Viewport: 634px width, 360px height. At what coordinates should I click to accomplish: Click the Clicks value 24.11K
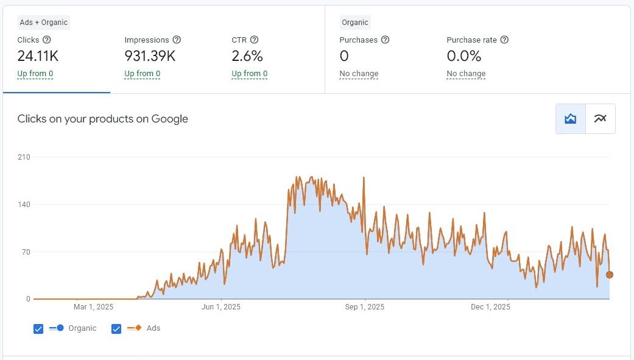(x=38, y=57)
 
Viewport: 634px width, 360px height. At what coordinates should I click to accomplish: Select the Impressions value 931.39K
(x=150, y=57)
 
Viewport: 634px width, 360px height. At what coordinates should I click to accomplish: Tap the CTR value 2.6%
(x=247, y=57)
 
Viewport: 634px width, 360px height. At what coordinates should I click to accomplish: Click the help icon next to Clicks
(x=47, y=40)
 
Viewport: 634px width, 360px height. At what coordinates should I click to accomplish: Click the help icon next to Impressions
(x=177, y=40)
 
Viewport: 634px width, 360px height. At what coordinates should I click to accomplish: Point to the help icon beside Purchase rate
(x=504, y=40)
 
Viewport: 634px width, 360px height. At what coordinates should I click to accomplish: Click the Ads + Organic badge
(x=44, y=23)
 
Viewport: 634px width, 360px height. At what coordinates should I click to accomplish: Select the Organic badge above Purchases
(x=355, y=23)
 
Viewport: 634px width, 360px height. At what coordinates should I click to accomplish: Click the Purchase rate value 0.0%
(x=463, y=57)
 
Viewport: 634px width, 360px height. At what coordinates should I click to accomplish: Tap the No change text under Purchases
(x=359, y=74)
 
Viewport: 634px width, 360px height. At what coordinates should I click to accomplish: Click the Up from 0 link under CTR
(x=249, y=74)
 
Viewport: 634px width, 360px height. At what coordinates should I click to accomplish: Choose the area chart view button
(x=571, y=119)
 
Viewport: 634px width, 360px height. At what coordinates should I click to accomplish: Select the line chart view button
(x=601, y=119)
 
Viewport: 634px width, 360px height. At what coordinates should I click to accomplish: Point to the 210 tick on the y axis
(x=24, y=157)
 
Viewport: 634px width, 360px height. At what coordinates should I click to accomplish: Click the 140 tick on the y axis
(x=24, y=205)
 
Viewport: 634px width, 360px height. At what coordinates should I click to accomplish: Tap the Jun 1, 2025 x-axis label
(x=221, y=307)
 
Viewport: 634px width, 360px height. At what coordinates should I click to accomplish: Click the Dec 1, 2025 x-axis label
(x=490, y=307)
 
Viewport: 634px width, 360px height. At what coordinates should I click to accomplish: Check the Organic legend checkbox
(x=38, y=329)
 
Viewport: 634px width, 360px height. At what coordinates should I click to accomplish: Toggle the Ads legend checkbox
(x=116, y=329)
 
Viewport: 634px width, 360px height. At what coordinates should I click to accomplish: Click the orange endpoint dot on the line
(x=610, y=275)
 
